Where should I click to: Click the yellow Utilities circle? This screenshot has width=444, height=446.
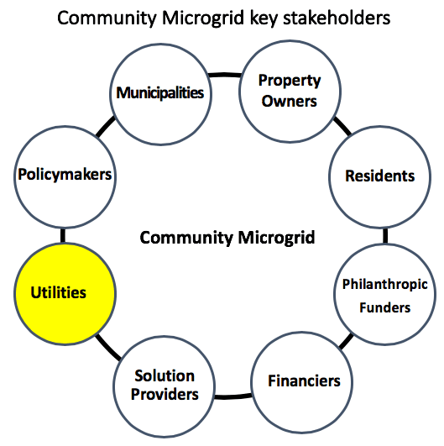click(x=65, y=294)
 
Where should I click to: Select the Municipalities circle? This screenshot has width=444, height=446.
click(x=160, y=94)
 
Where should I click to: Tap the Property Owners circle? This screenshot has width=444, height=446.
click(x=290, y=92)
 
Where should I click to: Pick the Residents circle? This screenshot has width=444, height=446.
click(x=379, y=177)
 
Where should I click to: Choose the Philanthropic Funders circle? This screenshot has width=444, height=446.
click(x=385, y=294)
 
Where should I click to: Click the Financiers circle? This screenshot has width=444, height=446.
click(x=302, y=382)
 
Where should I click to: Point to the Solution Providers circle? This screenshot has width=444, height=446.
click(x=164, y=386)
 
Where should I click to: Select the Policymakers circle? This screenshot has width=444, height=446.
click(x=65, y=177)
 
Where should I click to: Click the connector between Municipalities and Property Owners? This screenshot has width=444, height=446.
click(x=225, y=75)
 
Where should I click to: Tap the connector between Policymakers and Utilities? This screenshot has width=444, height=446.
click(x=63, y=235)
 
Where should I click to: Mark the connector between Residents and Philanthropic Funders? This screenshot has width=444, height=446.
click(x=385, y=236)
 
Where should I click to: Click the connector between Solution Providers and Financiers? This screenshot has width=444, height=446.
click(x=233, y=396)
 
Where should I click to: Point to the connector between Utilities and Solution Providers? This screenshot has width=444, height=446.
click(x=108, y=347)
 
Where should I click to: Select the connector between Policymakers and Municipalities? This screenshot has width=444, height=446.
click(x=106, y=127)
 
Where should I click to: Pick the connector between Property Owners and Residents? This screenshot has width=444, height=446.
click(x=342, y=126)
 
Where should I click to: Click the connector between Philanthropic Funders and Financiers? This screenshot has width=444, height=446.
click(x=346, y=341)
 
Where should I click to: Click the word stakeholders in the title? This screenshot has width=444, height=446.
click(x=337, y=18)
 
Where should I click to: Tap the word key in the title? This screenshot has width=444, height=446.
click(x=263, y=18)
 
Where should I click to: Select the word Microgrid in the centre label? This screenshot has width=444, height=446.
click(x=276, y=238)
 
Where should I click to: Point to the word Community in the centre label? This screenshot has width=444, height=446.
click(x=186, y=238)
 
